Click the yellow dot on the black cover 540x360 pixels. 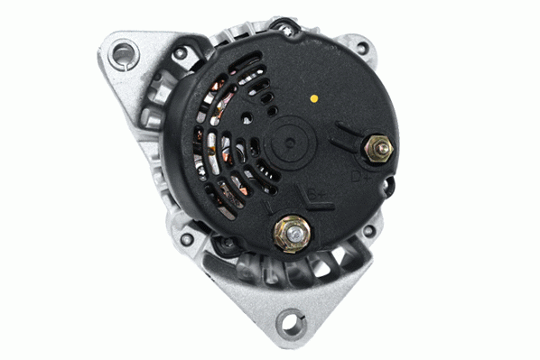click(x=312, y=97)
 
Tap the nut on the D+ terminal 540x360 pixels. click(x=378, y=145)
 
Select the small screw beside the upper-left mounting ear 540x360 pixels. click(x=181, y=53)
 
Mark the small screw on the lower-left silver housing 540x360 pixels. click(x=187, y=240)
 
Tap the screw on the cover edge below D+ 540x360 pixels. click(x=388, y=189)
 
